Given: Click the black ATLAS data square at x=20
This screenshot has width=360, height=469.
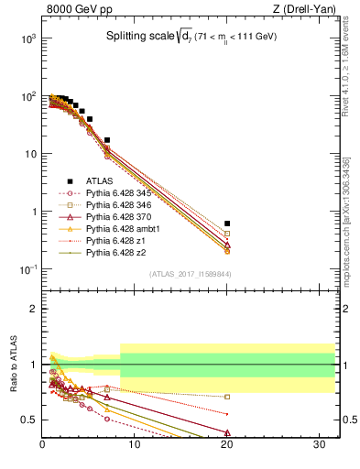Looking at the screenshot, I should coord(227,224).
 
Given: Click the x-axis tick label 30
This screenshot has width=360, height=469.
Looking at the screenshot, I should coord(317,446).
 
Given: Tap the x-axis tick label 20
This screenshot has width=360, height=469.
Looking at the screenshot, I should coord(226,446).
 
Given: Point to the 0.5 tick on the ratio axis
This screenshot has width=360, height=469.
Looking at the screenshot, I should coord(28,420).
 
